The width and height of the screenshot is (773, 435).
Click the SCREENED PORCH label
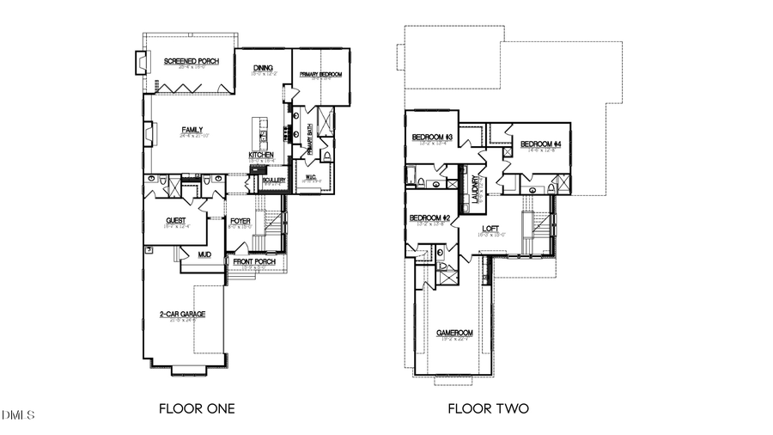(x=192, y=62)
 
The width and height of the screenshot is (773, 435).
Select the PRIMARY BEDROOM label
(x=320, y=75)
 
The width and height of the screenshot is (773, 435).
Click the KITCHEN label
(x=261, y=155)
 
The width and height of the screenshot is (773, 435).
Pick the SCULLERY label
(x=274, y=180)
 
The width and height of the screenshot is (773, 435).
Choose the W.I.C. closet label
(x=310, y=178)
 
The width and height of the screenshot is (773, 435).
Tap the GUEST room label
(x=176, y=221)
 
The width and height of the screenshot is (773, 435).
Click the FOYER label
(x=240, y=221)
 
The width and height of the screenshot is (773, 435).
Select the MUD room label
(x=204, y=254)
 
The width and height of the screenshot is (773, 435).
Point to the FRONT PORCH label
(x=253, y=261)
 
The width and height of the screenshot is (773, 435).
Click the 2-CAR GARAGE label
(x=182, y=315)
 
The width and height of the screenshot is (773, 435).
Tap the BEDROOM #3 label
(x=432, y=138)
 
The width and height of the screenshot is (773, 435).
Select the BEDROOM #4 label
(x=540, y=144)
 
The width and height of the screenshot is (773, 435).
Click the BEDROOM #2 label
(x=429, y=218)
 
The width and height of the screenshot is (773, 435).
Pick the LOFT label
(x=490, y=228)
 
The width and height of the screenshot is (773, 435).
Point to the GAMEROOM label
(x=455, y=333)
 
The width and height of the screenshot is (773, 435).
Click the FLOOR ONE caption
(x=197, y=408)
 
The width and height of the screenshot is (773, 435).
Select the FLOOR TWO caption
(x=488, y=408)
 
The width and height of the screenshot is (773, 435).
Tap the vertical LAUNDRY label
(x=475, y=190)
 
